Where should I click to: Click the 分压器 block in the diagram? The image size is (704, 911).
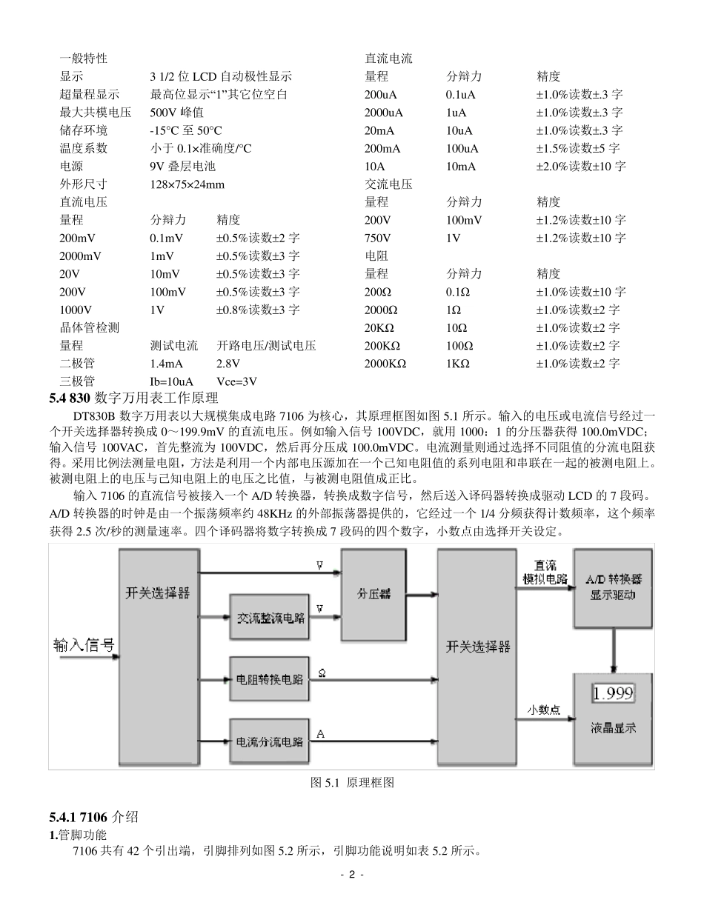pyautogui.click(x=373, y=595)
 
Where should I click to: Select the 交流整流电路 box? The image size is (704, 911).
pyautogui.click(x=270, y=618)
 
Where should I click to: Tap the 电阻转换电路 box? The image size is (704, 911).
pyautogui.click(x=270, y=679)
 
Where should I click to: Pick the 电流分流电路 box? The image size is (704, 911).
pyautogui.click(x=270, y=741)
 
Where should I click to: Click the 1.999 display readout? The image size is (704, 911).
pyautogui.click(x=613, y=693)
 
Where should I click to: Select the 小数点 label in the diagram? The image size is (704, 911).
pyautogui.click(x=543, y=710)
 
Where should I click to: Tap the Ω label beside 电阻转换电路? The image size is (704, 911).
pyautogui.click(x=322, y=673)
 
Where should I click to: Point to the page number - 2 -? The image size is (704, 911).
pyautogui.click(x=352, y=874)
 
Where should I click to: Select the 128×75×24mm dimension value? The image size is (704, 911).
pyautogui.click(x=187, y=184)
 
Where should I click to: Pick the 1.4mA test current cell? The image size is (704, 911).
pyautogui.click(x=166, y=364)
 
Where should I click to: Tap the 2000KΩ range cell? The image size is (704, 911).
pyautogui.click(x=385, y=364)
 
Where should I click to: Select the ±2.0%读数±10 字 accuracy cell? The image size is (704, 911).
pyautogui.click(x=581, y=166)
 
